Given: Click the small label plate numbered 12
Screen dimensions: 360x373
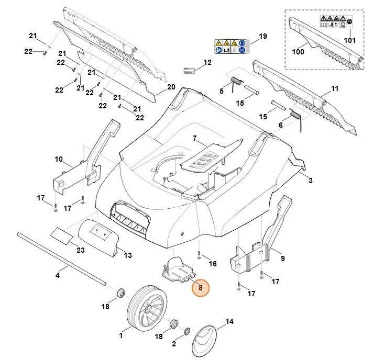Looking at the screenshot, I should [x=189, y=70].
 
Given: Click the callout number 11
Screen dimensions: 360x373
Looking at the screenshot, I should [x=335, y=89].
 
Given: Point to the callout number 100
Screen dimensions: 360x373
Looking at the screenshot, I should [x=298, y=52].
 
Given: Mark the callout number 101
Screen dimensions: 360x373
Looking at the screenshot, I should [x=349, y=39].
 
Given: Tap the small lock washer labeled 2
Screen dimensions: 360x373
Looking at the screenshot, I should [x=187, y=332].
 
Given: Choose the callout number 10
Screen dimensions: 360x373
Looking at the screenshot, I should [x=59, y=159].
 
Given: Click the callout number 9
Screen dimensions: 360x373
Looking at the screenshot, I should [x=282, y=258].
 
